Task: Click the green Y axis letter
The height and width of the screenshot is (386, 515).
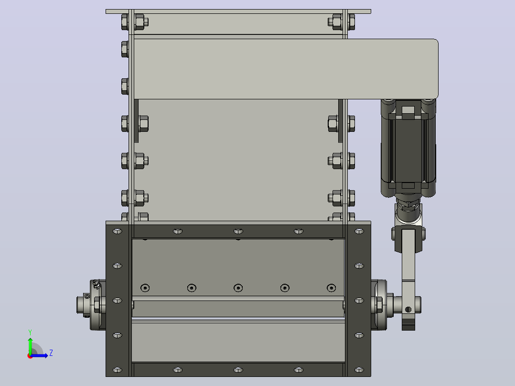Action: [x=30, y=332]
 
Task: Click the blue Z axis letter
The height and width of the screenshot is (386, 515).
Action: [x=51, y=353]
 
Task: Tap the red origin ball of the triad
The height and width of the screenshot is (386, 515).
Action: [x=30, y=356]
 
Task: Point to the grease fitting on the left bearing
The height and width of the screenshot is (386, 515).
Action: [x=96, y=284]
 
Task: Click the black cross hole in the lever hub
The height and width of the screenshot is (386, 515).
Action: [x=408, y=310]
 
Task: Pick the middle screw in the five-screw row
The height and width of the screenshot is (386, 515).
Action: [x=238, y=288]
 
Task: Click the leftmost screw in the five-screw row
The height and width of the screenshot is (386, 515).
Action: [x=145, y=288]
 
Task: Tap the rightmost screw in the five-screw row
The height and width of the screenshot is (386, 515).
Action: [x=332, y=288]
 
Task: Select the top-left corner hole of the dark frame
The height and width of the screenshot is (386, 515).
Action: [x=117, y=231]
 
